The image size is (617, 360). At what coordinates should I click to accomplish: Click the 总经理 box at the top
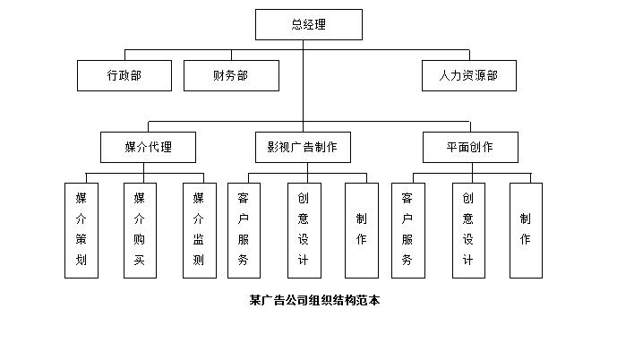308,25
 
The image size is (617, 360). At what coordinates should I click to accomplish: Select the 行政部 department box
124,75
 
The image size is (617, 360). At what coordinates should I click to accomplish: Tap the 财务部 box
230,75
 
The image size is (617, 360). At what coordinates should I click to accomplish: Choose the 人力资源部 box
469,75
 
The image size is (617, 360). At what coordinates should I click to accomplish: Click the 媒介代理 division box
148,147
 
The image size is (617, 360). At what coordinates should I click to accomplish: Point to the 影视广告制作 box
302,147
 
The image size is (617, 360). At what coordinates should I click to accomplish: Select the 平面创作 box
469,147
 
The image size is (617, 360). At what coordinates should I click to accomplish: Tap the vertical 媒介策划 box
81,230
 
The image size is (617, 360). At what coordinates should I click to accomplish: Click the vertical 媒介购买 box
140,230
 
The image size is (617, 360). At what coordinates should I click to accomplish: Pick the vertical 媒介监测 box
199,230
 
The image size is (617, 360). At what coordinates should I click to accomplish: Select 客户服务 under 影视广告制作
244,230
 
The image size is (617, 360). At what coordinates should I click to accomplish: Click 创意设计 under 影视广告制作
303,230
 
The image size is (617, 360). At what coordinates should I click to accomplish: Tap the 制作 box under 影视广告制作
361,230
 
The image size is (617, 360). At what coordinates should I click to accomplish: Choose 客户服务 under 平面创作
408,230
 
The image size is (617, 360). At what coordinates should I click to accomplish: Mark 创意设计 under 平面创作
467,230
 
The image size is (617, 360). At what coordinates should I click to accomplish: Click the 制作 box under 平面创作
526,230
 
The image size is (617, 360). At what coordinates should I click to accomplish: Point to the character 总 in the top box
296,25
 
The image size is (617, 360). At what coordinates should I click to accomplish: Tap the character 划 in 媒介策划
81,261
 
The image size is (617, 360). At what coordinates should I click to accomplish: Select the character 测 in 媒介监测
199,261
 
